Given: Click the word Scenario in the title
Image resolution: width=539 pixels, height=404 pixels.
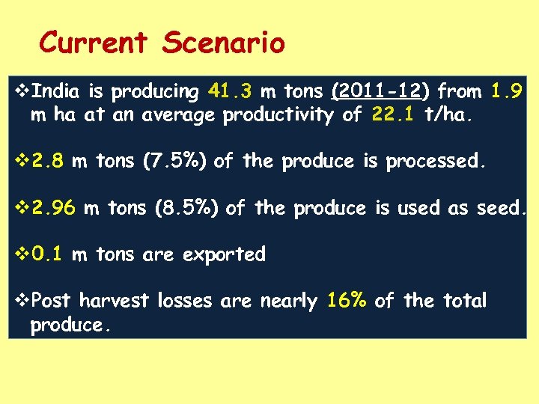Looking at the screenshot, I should point(223,43).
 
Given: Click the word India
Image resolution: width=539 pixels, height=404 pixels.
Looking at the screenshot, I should point(58,92).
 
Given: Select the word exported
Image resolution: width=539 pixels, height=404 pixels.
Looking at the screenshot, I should point(224,255).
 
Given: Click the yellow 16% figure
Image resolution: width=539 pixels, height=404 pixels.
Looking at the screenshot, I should point(347,302).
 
